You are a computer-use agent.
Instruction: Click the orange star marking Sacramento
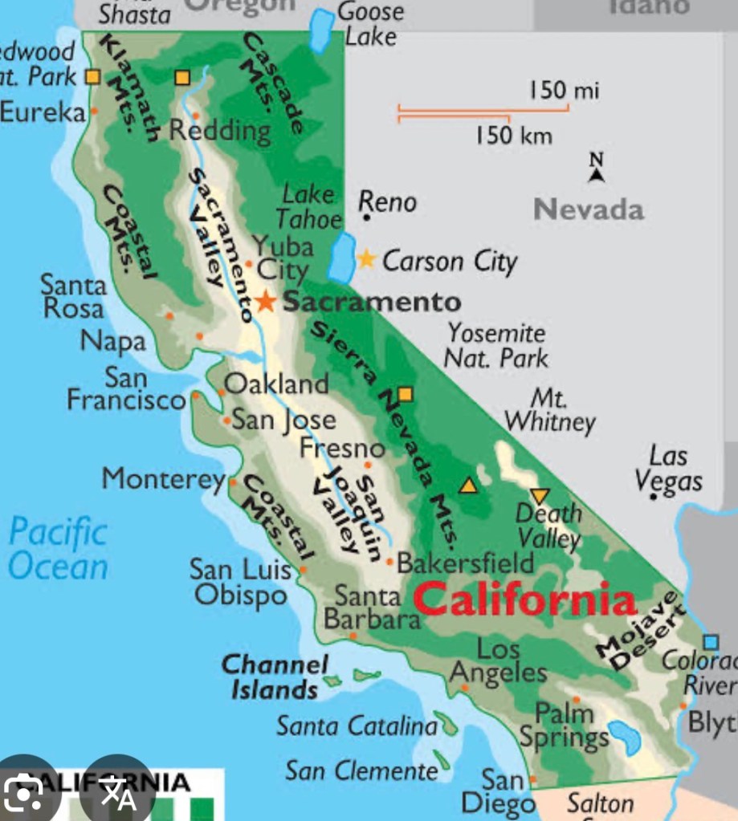265,301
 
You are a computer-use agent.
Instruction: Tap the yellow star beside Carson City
366,258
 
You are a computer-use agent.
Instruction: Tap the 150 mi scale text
564,91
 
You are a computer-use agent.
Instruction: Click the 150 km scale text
513,136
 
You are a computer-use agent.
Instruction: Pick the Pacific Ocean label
58,549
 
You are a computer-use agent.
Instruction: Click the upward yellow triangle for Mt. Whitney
468,485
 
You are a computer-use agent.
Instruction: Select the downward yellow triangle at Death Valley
538,496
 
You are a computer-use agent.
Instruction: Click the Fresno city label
343,448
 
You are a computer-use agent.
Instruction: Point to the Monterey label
163,479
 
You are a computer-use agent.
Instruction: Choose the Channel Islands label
275,677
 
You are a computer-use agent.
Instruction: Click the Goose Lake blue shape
322,30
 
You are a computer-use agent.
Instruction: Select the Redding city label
219,130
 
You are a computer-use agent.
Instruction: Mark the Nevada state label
589,210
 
